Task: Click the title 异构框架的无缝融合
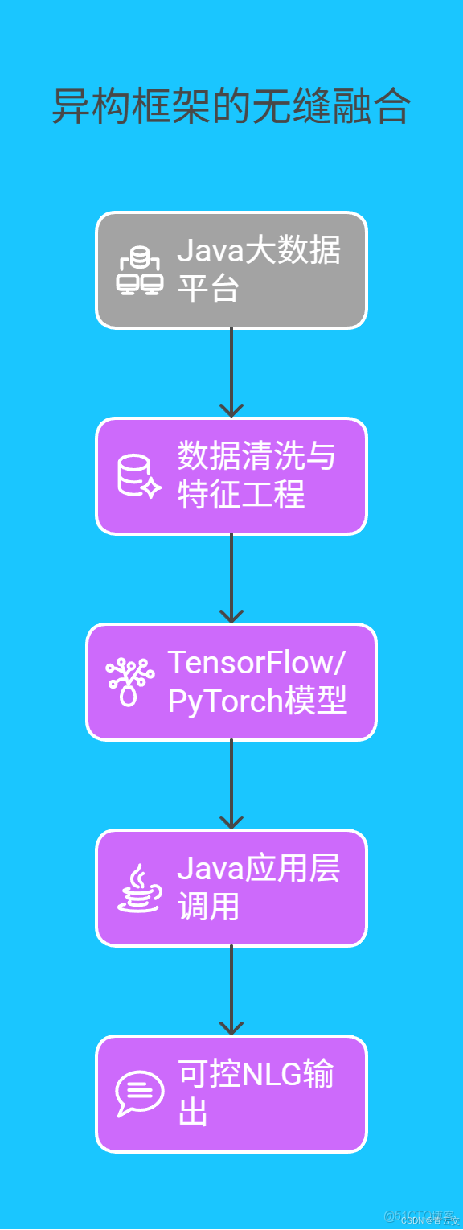point(231,107)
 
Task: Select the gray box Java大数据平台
point(231,270)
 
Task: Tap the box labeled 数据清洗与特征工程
point(231,476)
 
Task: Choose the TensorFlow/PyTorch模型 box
point(231,682)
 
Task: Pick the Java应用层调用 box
point(231,888)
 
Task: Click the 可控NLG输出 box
point(231,1094)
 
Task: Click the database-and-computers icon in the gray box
point(140,271)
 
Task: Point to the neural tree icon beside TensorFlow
point(129,682)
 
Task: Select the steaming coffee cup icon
point(139,888)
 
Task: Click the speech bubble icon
point(139,1094)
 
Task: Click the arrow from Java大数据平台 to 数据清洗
point(231,372)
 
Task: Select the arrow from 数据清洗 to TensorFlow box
point(231,578)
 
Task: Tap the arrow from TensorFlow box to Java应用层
point(231,784)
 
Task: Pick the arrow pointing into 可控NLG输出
point(231,990)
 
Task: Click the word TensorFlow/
point(256,663)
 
